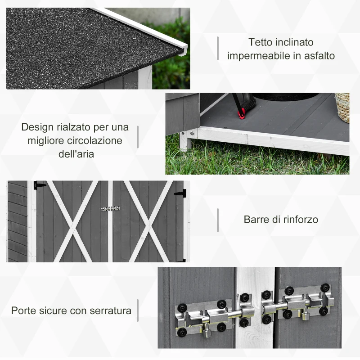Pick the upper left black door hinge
click(x=39, y=185)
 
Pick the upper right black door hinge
click(x=181, y=193)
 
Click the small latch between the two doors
click(x=110, y=209)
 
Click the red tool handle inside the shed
click(x=242, y=113)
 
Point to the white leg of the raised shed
click(x=184, y=142)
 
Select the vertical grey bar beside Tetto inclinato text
click(x=218, y=48)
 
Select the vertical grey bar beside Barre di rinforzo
click(x=218, y=220)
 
